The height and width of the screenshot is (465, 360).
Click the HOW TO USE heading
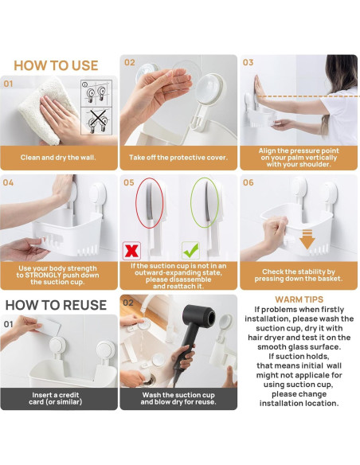(x=56, y=65)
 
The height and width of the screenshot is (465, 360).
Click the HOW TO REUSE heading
(x=56, y=305)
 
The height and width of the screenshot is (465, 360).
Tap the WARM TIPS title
(x=299, y=299)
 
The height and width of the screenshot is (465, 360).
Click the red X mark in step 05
(x=131, y=251)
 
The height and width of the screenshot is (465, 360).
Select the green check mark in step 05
(x=190, y=251)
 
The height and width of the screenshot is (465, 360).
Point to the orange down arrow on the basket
(x=307, y=239)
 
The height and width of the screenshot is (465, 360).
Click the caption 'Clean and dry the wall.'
(x=58, y=158)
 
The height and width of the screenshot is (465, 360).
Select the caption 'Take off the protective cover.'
(x=178, y=158)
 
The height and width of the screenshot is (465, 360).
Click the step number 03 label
(x=248, y=62)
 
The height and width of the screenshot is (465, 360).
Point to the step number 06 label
(x=248, y=182)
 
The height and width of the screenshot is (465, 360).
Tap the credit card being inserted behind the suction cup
(x=49, y=328)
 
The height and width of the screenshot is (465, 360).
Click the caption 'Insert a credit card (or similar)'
(x=56, y=398)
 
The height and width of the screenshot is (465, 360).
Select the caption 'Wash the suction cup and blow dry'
(x=178, y=398)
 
